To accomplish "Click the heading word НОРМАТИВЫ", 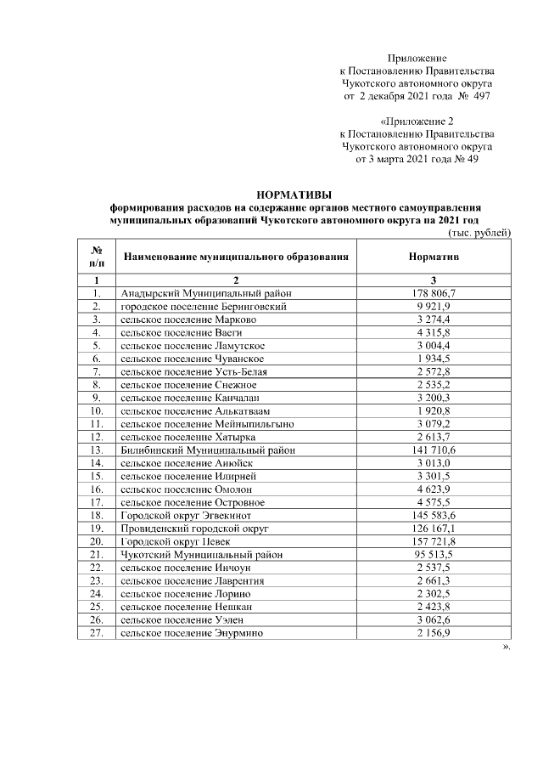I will click(x=294, y=195).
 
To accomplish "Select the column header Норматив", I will click(x=434, y=256).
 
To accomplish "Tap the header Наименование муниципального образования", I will click(x=236, y=256).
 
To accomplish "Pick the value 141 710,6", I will click(x=434, y=449).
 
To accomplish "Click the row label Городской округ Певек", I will click(x=182, y=540).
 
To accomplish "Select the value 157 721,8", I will click(x=434, y=540).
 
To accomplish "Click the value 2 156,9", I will click(x=434, y=633).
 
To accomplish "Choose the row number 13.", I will click(x=98, y=449).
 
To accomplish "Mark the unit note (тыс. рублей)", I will click(x=479, y=232).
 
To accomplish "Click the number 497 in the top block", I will click(x=480, y=98).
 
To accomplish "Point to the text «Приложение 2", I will click(x=417, y=122).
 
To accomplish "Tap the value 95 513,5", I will click(x=434, y=554).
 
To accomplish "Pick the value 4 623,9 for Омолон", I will click(x=434, y=489).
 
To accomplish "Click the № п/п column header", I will click(x=98, y=256).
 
